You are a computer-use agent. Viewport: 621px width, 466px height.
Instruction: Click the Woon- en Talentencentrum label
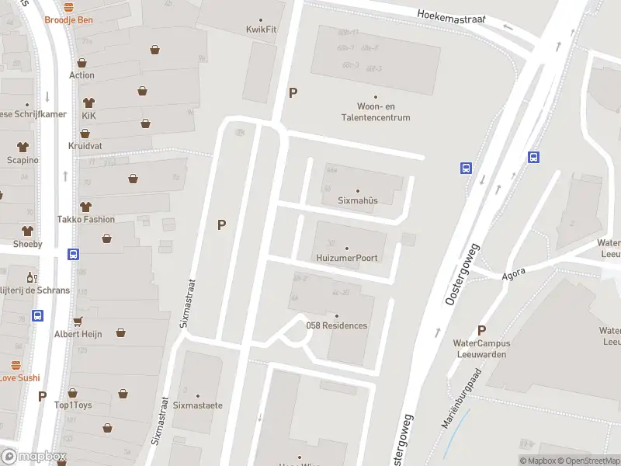(x=373, y=112)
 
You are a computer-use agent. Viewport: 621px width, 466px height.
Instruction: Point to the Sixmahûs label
(x=357, y=200)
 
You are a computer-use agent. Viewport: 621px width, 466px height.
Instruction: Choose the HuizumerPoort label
(x=346, y=257)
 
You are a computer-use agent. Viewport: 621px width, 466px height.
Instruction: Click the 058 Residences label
(x=337, y=325)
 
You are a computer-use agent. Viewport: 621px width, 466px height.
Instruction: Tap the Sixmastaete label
(x=198, y=405)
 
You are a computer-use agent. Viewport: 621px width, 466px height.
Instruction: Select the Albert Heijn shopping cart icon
(x=78, y=321)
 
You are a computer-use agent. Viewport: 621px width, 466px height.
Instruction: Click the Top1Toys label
(x=73, y=405)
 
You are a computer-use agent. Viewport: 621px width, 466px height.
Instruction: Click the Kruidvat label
(x=85, y=145)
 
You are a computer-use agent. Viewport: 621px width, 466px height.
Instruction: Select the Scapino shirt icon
(x=22, y=147)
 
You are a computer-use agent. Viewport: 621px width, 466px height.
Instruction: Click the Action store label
(x=82, y=75)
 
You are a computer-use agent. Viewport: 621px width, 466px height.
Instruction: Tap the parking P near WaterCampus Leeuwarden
(x=481, y=330)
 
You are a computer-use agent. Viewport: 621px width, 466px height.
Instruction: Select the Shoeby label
(x=27, y=244)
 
